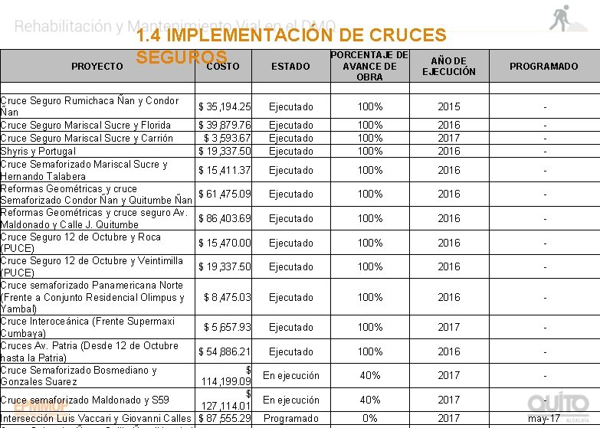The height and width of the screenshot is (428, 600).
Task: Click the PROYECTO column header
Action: point(97,67)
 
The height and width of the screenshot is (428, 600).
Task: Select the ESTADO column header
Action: point(290,67)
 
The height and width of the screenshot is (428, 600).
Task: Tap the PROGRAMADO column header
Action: point(543,67)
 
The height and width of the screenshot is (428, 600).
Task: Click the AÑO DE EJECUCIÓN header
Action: point(448,66)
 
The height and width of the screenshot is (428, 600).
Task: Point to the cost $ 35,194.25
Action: point(225,106)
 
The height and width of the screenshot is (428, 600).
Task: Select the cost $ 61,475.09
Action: point(225,194)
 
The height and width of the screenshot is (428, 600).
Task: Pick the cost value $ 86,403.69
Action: point(225,219)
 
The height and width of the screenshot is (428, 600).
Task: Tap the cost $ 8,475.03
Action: point(227,297)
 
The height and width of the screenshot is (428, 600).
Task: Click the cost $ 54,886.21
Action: point(225,351)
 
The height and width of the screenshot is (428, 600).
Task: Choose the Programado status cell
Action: point(291,419)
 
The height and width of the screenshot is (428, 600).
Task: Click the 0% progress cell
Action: point(369,419)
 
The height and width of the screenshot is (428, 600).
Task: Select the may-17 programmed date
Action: point(544,419)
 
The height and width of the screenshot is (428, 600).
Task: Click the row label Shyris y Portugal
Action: point(38,152)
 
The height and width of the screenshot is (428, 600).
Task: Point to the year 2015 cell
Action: point(448,106)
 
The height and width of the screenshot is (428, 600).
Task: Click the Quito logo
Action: point(558,403)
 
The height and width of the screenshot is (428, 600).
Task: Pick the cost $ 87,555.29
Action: point(225,419)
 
